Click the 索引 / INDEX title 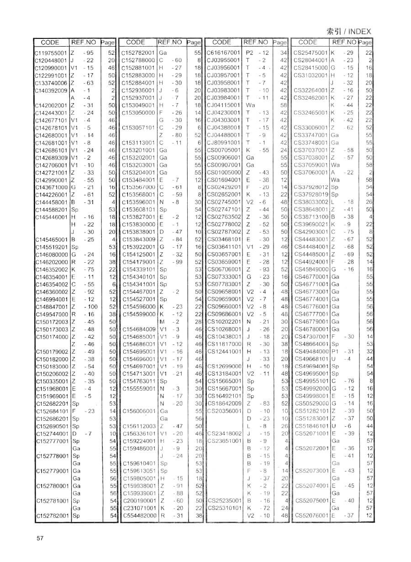point(349,32)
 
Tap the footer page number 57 point(40,538)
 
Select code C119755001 point(51,53)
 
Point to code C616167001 point(223,53)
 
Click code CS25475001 point(310,53)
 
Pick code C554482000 point(139,515)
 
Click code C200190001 point(139,501)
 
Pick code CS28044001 point(310,60)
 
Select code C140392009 point(51,90)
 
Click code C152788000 point(138,60)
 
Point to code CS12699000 point(223,366)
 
